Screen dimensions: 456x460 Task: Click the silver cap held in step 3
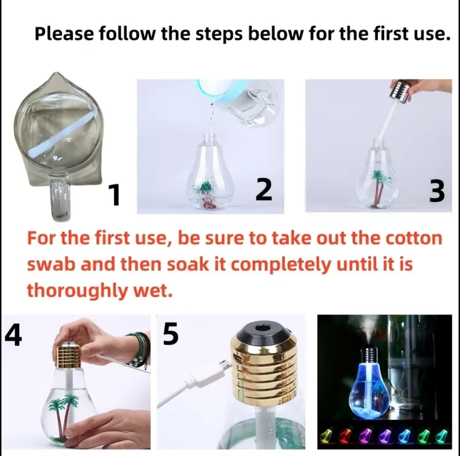401,92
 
